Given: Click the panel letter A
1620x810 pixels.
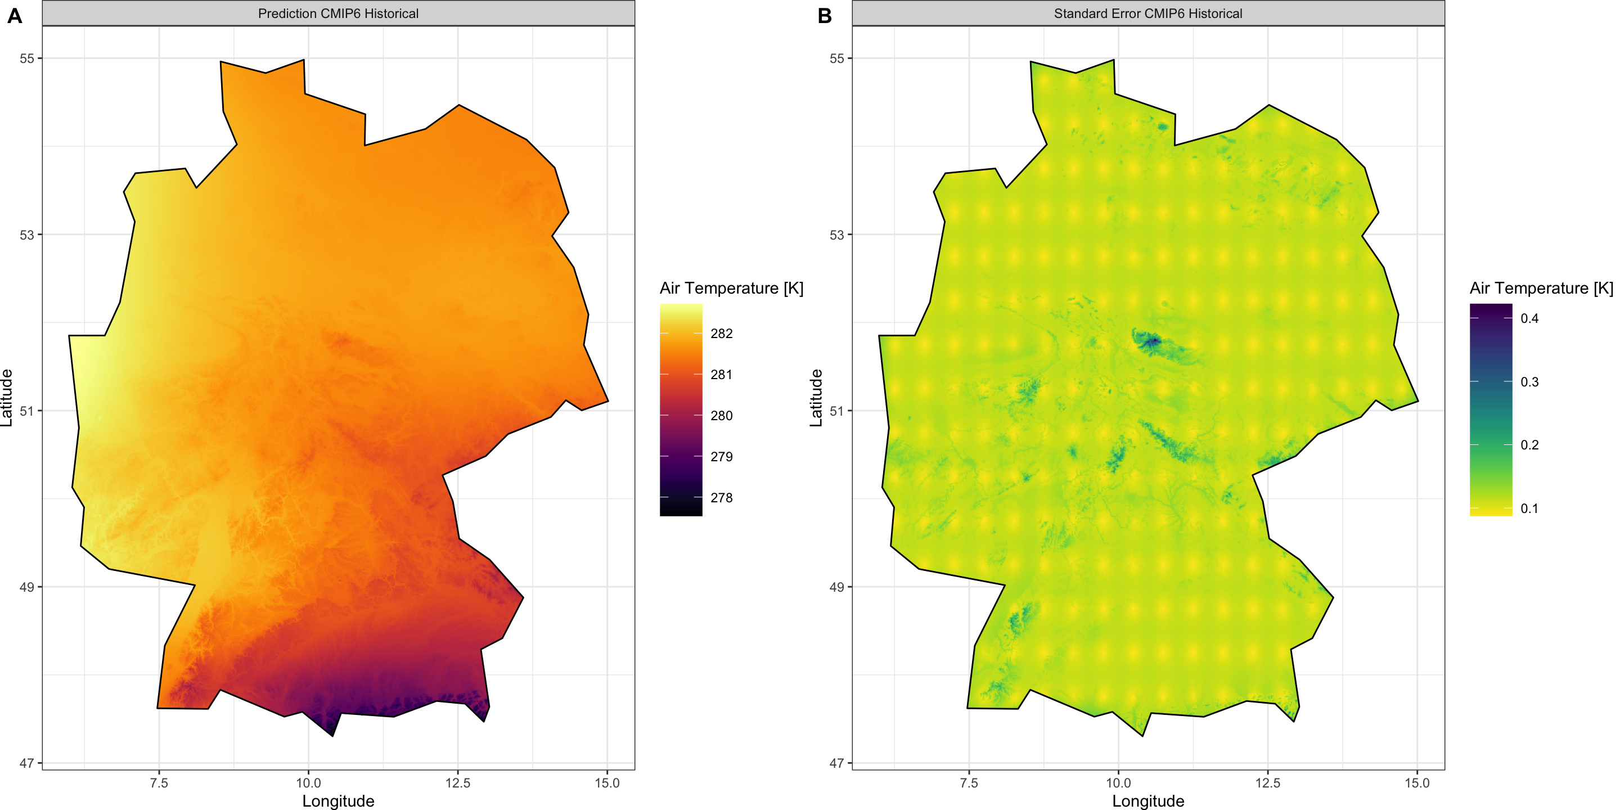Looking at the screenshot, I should click(x=15, y=16).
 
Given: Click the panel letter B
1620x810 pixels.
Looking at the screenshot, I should click(x=825, y=16).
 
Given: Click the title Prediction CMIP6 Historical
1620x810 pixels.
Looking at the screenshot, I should click(x=337, y=13).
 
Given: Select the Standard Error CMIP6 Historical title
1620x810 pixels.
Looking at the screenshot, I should click(x=1147, y=13).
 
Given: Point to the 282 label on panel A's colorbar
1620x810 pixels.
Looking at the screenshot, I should click(x=721, y=334).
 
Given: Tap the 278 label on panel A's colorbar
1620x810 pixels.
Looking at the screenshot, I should click(x=721, y=497).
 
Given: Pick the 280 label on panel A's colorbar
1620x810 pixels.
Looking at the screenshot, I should click(x=721, y=416).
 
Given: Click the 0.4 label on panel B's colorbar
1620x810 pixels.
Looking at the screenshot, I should click(x=1529, y=318).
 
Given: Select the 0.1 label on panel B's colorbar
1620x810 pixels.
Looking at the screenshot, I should click(x=1529, y=508).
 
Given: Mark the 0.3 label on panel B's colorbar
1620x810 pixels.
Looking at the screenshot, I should click(x=1529, y=382).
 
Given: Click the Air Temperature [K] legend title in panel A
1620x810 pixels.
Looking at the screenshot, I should click(x=731, y=288).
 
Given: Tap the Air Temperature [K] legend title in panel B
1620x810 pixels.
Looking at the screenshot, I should click(x=1541, y=288).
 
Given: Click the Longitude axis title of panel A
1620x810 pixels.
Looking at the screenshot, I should click(x=337, y=800).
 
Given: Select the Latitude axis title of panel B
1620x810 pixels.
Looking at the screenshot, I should click(x=816, y=398).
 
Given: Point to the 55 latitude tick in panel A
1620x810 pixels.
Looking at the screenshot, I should click(x=27, y=58).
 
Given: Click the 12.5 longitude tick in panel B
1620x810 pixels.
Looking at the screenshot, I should click(x=1268, y=783).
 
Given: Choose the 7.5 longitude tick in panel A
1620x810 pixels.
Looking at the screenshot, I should click(x=159, y=783).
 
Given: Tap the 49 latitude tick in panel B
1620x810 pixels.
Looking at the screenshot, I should click(x=836, y=587).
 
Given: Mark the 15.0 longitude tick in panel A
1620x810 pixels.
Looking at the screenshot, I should click(x=607, y=783).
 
